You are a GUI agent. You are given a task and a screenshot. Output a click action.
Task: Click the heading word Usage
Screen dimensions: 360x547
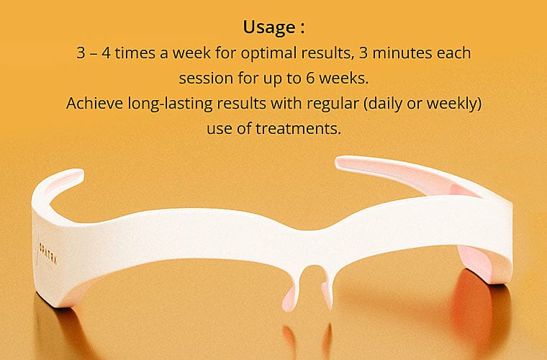click(269, 27)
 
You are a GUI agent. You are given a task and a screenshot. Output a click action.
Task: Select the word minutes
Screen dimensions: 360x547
click(403, 53)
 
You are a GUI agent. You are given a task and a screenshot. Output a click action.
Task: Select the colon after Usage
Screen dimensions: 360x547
click(302, 29)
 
